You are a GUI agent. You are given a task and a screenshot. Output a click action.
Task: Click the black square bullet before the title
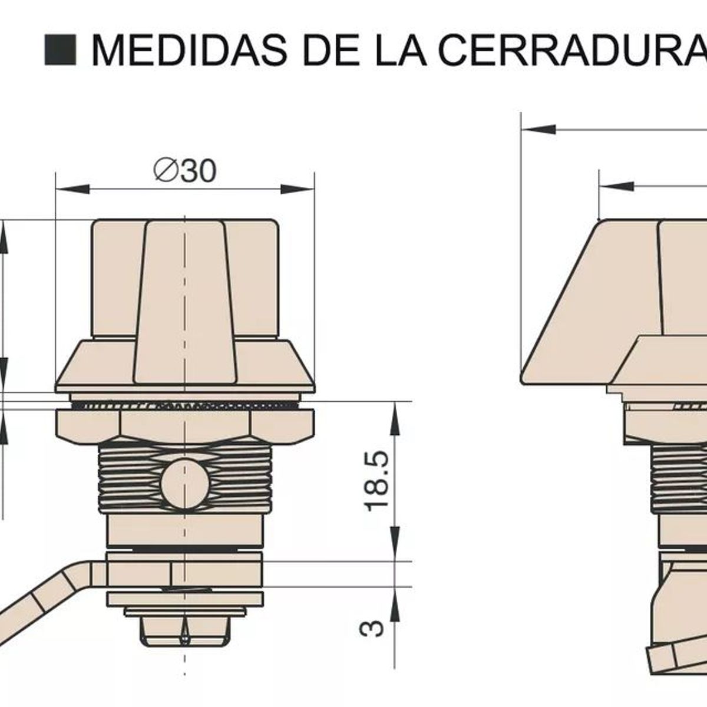point(60,49)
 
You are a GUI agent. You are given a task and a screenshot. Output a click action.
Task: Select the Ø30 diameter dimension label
point(185,171)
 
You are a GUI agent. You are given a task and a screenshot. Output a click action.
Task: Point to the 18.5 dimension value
point(377,481)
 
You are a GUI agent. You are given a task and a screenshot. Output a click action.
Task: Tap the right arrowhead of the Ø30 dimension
point(298,189)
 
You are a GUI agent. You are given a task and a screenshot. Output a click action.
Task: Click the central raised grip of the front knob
point(185,300)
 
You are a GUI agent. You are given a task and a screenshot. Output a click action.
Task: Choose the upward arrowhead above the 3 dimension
point(394,601)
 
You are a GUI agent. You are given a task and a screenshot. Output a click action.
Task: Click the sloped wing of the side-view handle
point(583,306)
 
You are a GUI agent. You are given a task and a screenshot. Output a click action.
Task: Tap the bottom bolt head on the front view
point(184,630)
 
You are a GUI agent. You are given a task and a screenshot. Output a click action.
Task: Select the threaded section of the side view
point(678,477)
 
